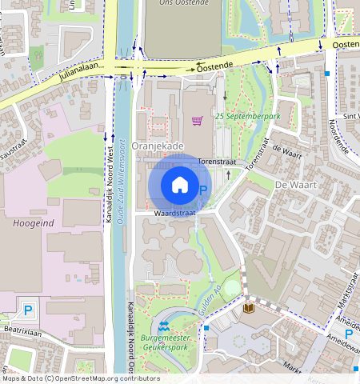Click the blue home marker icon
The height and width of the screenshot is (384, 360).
[x=180, y=185]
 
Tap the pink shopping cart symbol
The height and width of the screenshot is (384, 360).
[x=197, y=121]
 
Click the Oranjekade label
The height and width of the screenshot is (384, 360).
[x=158, y=146]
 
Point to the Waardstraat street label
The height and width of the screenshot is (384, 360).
[x=175, y=214]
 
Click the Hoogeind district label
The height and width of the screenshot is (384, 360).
[x=33, y=223]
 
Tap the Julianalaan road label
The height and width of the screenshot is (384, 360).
[x=82, y=74]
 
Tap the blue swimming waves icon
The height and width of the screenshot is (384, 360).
[x=164, y=326]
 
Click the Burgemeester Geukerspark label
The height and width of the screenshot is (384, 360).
[x=170, y=343]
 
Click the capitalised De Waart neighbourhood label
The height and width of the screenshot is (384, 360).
[x=291, y=184]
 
